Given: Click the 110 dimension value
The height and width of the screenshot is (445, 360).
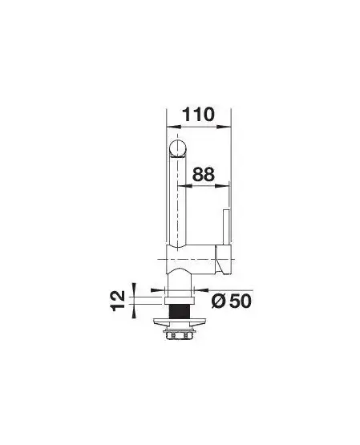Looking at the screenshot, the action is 198,115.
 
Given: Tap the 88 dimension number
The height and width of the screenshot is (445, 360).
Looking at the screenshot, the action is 203,174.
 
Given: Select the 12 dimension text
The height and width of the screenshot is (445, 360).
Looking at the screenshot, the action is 118,301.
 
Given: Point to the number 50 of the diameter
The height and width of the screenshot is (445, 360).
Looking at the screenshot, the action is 240,301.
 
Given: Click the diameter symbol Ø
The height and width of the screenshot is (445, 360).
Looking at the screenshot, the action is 219,301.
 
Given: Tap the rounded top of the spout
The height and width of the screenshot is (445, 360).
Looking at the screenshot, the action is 177,148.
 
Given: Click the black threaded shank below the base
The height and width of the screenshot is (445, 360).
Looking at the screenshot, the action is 180,312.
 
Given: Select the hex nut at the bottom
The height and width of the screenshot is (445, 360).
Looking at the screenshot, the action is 180,336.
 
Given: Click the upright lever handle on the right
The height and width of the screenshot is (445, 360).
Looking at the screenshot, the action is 226,227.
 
